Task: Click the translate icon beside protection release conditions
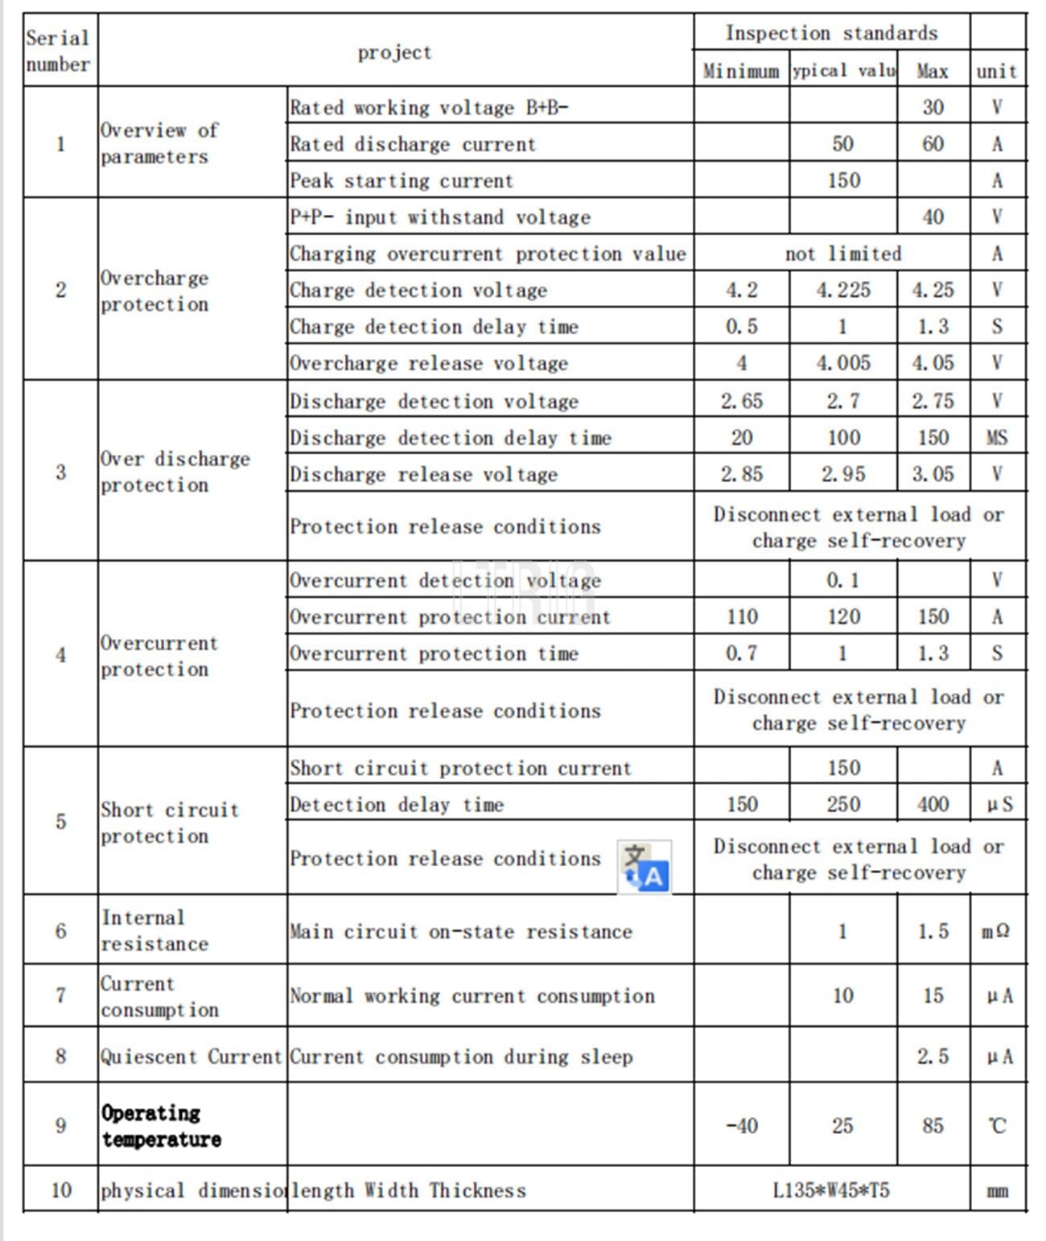coord(644,867)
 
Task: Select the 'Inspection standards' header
coord(831,33)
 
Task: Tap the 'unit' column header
coord(997,71)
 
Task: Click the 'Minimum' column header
coord(741,71)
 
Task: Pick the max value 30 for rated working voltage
coord(933,107)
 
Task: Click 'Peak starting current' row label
coord(401,180)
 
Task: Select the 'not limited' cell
coord(842,254)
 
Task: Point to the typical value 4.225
coord(842,290)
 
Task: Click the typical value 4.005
coord(842,363)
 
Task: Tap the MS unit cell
coord(997,438)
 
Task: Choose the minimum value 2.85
coord(741,474)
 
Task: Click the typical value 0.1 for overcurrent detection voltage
coord(842,580)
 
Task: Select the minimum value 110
coord(741,616)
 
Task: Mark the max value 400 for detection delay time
coord(933,804)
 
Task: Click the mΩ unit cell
coord(997,931)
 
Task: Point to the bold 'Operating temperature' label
coord(160,1126)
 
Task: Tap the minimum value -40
coord(741,1126)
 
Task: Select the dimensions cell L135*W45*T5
coord(831,1190)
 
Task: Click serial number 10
coord(61,1190)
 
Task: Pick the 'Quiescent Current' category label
coord(191,1056)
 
